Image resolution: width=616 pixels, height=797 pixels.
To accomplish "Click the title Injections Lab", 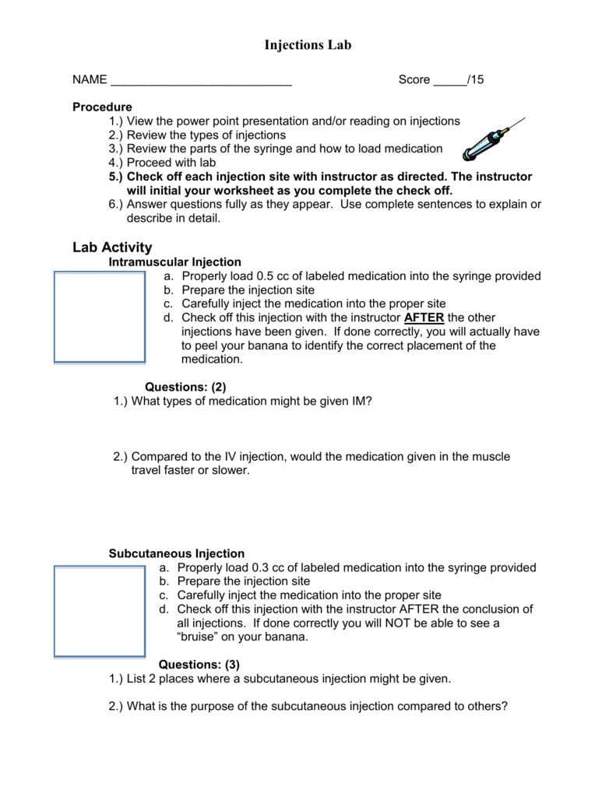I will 308,45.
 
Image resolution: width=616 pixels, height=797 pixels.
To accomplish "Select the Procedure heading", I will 102,107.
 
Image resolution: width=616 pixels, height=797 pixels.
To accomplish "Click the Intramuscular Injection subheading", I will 174,262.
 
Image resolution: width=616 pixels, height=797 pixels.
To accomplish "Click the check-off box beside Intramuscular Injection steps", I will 99,317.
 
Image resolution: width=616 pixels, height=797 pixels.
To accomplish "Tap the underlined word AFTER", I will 424,318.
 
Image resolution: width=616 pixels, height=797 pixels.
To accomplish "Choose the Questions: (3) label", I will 199,664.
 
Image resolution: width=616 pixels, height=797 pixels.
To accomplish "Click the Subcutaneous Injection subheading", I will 176,553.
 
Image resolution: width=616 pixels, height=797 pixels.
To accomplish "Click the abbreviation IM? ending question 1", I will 361,401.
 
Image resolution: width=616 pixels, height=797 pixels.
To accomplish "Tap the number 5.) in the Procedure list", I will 116,177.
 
